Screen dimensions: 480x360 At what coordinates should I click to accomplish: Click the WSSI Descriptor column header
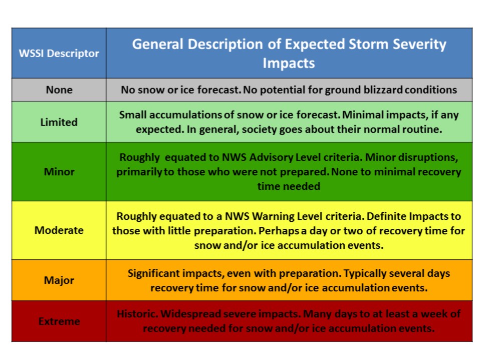point(59,53)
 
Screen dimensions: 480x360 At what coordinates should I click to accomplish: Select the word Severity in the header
point(419,45)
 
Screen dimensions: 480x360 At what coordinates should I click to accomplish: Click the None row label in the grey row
point(59,90)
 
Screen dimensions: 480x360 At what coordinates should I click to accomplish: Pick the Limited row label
point(59,122)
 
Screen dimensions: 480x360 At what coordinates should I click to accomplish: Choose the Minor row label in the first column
point(59,172)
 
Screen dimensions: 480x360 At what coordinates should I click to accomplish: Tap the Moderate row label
point(59,230)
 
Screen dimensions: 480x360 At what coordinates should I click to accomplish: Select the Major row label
point(59,280)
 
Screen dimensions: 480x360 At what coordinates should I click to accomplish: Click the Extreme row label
point(59,321)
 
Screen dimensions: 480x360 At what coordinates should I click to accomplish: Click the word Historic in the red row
point(137,314)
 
